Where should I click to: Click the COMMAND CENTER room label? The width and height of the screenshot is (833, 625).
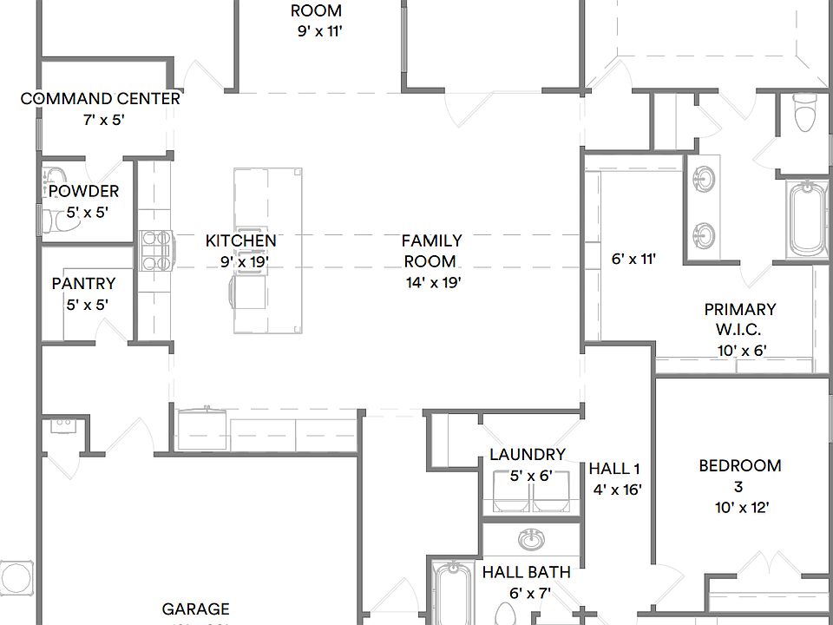pyautogui.click(x=101, y=99)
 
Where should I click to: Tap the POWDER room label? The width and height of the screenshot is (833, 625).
pyautogui.click(x=83, y=191)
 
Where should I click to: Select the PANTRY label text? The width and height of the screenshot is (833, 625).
pyautogui.click(x=83, y=283)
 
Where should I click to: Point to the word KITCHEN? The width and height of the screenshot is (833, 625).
pyautogui.click(x=240, y=240)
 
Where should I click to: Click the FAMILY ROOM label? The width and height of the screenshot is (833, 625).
pyautogui.click(x=431, y=250)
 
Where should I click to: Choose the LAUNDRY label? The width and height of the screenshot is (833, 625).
pyautogui.click(x=527, y=454)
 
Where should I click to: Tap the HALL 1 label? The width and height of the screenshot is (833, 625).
pyautogui.click(x=614, y=469)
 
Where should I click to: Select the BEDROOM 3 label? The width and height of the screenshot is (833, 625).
pyautogui.click(x=739, y=476)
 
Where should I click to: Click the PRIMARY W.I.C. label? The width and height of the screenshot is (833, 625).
pyautogui.click(x=739, y=319)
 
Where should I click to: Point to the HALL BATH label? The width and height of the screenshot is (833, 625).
pyautogui.click(x=526, y=572)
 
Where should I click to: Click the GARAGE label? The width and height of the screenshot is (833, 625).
pyautogui.click(x=195, y=609)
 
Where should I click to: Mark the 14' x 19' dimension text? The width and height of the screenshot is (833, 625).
pyautogui.click(x=432, y=282)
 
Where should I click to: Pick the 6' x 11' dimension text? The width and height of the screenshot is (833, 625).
pyautogui.click(x=633, y=259)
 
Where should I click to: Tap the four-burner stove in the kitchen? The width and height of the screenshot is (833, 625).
pyautogui.click(x=154, y=250)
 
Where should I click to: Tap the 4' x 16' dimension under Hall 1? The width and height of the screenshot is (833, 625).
pyautogui.click(x=617, y=490)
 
